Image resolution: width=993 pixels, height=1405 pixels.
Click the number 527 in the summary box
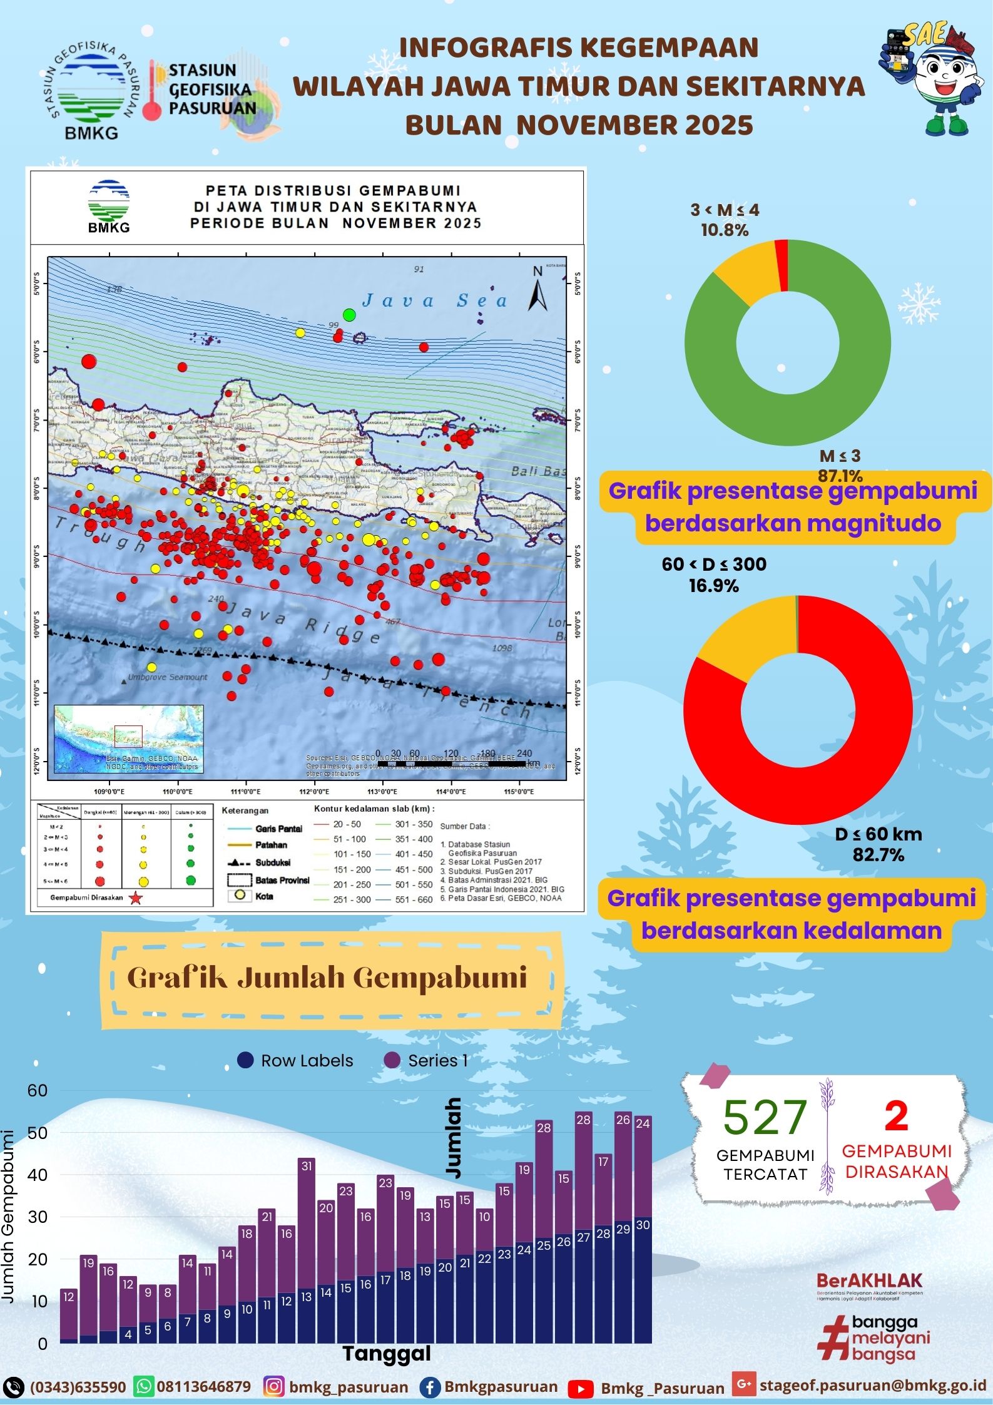(x=765, y=1117)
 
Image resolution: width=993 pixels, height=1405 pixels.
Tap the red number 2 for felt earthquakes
(x=896, y=1115)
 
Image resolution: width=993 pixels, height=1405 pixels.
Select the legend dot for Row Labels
(x=245, y=1060)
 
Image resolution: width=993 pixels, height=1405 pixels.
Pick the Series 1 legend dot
(x=392, y=1060)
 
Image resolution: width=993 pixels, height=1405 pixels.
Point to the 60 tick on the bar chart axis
(x=38, y=1090)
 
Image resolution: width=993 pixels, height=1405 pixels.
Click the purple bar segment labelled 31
(x=306, y=1212)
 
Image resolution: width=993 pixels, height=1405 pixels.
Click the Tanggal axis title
(x=387, y=1353)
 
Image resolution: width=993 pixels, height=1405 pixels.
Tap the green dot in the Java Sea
(x=349, y=314)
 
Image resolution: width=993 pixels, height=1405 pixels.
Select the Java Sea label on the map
(x=434, y=301)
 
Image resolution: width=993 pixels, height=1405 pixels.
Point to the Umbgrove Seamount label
(x=167, y=677)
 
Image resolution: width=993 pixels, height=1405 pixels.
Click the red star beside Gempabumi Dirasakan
(x=136, y=898)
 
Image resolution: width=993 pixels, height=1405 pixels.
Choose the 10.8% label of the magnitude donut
(x=725, y=230)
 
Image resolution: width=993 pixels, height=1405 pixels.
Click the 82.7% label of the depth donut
(x=878, y=855)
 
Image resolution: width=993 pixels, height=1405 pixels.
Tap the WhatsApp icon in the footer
(x=144, y=1386)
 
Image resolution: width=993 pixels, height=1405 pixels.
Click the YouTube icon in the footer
(x=581, y=1389)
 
